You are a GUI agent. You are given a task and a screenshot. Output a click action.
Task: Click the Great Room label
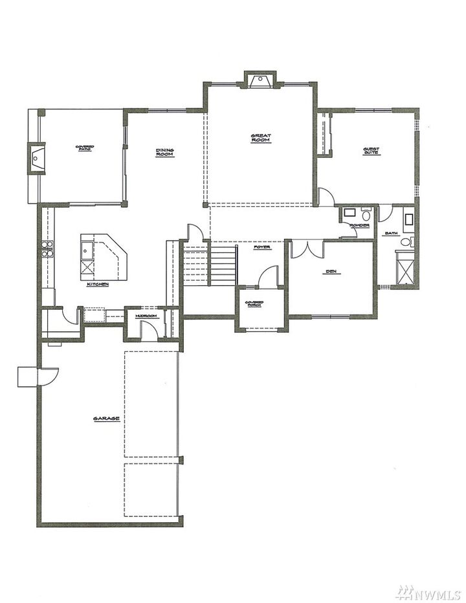(x=261, y=138)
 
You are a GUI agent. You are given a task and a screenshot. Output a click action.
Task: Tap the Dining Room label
(x=164, y=153)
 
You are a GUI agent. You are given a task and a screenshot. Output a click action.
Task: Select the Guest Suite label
(x=371, y=151)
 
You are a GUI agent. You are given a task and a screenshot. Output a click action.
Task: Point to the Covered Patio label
(x=85, y=148)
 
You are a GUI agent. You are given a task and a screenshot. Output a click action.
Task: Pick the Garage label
(x=106, y=419)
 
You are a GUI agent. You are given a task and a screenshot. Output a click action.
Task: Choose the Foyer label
(x=262, y=247)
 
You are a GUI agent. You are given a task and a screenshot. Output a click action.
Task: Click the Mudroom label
(x=146, y=316)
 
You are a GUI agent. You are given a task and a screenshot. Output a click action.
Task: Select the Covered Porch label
(x=253, y=303)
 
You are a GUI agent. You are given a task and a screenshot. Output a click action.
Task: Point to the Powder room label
(x=359, y=225)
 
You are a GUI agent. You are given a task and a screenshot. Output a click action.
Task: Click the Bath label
(x=391, y=233)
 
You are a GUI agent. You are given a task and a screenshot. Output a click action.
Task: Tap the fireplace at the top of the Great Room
(x=260, y=80)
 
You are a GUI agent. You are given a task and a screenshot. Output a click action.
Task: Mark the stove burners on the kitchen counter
(x=47, y=249)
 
